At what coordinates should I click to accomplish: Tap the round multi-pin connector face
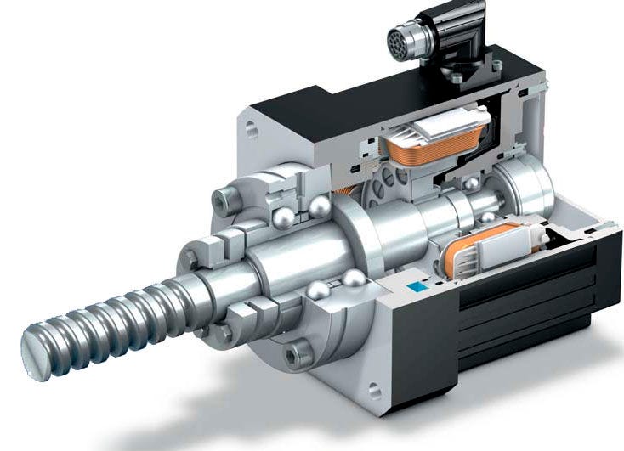point(401,38)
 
